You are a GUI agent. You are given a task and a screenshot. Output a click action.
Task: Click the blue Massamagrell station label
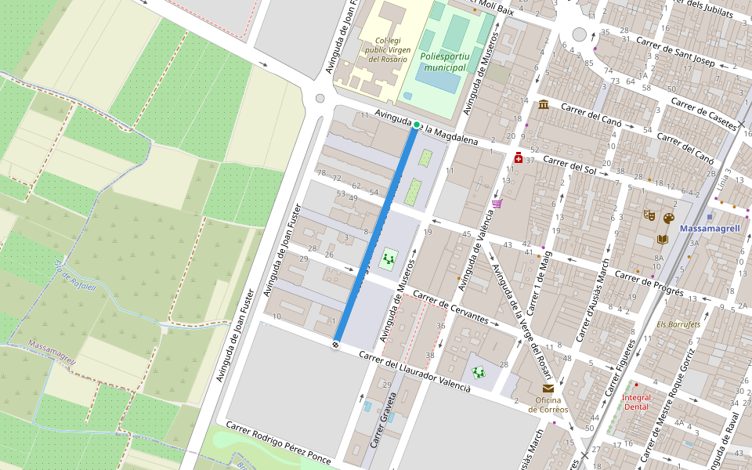pyautogui.click(x=710, y=229)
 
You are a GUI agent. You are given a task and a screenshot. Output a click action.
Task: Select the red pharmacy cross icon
pyautogui.click(x=519, y=158)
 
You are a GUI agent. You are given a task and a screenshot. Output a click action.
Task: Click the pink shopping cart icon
pyautogui.click(x=497, y=204)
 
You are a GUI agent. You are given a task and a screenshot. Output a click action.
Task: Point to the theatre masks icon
pyautogui.click(x=649, y=214)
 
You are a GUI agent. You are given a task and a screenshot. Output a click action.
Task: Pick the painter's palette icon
pyautogui.click(x=668, y=219)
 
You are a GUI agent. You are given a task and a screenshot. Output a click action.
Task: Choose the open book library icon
pyautogui.click(x=663, y=239)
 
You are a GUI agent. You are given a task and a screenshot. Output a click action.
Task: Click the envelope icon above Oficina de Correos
pyautogui.click(x=548, y=389)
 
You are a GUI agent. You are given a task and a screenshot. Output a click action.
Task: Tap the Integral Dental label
pyautogui.click(x=635, y=403)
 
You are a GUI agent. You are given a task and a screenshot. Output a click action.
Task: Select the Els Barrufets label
pyautogui.click(x=678, y=324)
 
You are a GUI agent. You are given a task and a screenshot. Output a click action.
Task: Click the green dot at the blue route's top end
pyautogui.click(x=417, y=125)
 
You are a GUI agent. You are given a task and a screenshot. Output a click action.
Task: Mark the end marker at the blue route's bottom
pyautogui.click(x=335, y=344)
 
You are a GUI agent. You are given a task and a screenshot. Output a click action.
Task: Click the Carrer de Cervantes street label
pyautogui.click(x=451, y=309)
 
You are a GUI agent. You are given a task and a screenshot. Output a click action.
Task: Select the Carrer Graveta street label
pyautogui.click(x=382, y=424)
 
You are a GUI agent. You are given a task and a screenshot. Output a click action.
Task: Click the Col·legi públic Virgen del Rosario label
pyautogui.click(x=386, y=49)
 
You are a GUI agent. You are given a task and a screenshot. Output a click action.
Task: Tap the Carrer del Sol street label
pyautogui.click(x=569, y=165)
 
